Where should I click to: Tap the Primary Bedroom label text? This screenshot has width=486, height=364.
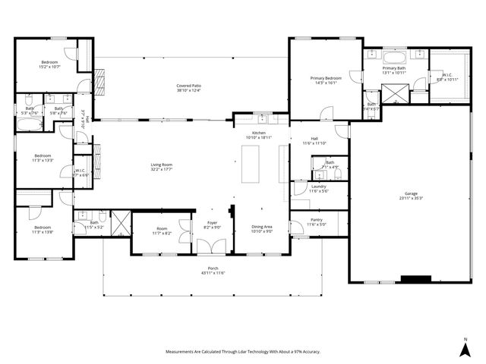tap(326, 78)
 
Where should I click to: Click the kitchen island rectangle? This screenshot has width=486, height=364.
tap(250, 165)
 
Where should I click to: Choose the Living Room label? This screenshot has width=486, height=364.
tap(161, 165)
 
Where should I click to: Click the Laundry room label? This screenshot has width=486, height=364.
tap(319, 187)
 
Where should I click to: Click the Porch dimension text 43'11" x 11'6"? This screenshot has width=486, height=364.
tap(213, 272)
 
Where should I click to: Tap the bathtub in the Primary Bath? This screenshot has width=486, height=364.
tap(395, 57)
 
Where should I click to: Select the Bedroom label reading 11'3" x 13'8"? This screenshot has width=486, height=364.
tap(42, 227)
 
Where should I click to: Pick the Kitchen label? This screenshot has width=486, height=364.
tap(259, 133)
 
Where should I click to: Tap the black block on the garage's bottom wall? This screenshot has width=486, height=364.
tap(415, 278)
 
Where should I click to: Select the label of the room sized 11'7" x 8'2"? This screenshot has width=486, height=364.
tap(162, 230)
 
